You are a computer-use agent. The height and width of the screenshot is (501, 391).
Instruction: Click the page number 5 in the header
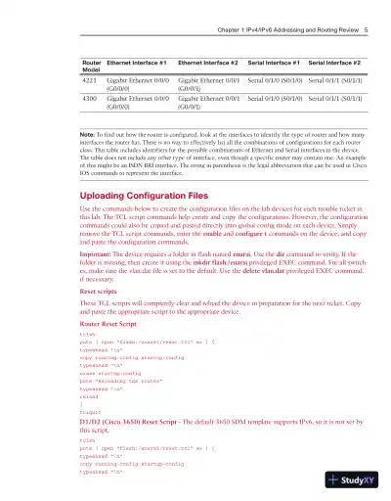[364, 29]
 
